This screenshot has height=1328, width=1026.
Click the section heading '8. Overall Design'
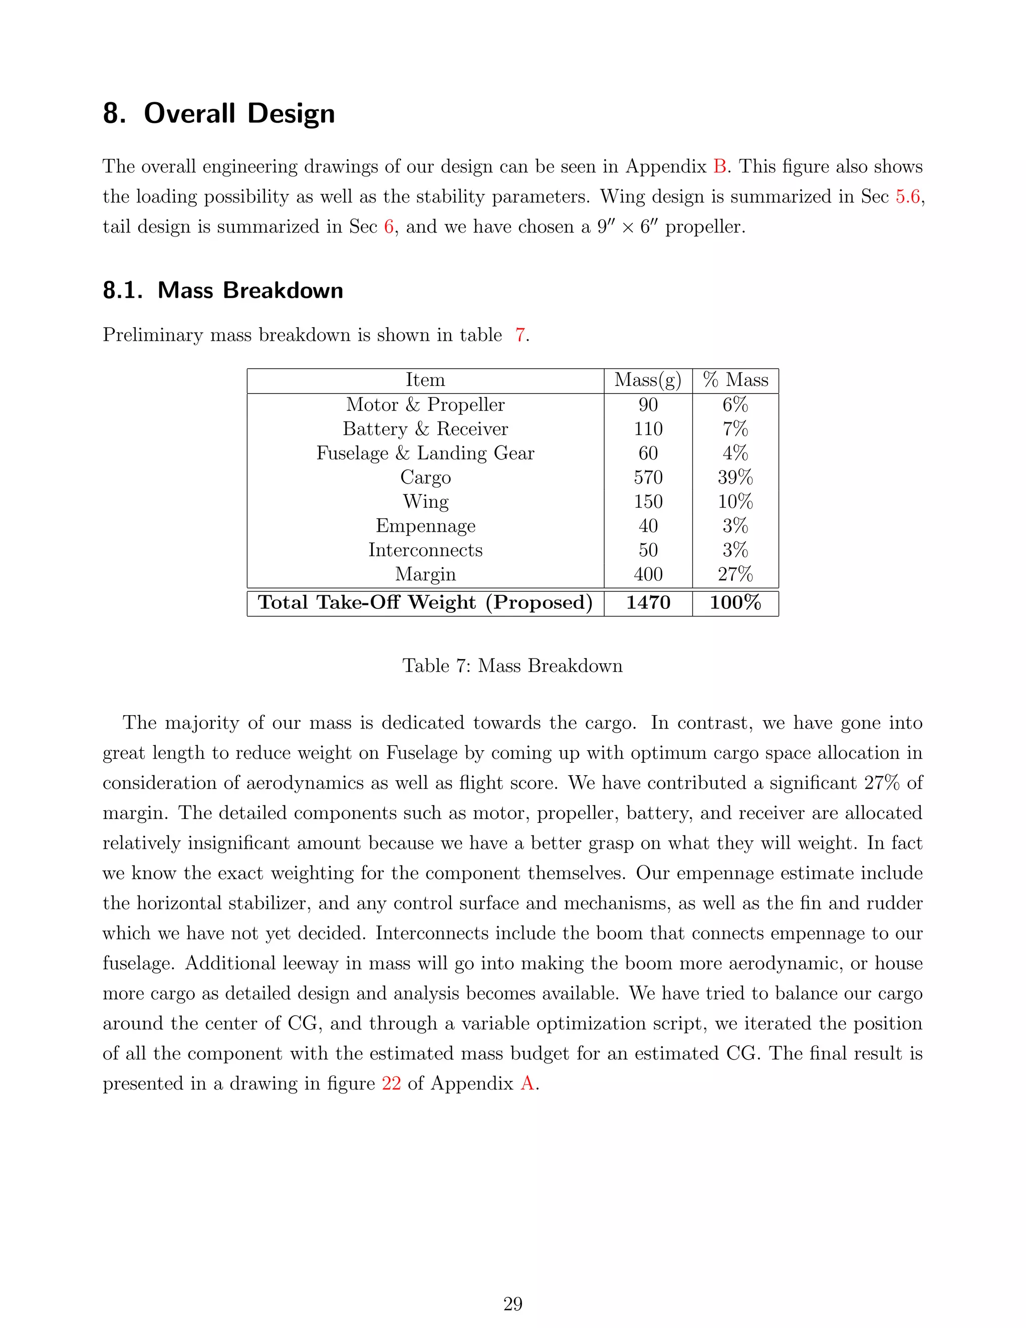219,114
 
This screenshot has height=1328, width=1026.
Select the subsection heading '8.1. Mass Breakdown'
222,291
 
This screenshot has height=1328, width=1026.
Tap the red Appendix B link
720,166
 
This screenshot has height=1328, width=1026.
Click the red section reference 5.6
907,197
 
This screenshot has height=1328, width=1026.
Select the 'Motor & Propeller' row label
425,405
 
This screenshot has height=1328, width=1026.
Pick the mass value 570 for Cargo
648,477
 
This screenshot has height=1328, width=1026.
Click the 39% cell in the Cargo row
735,477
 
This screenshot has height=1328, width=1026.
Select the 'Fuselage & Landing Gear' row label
425,454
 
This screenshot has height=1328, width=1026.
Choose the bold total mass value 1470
648,602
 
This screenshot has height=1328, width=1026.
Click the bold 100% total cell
735,602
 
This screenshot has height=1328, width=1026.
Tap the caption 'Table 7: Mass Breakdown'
512,666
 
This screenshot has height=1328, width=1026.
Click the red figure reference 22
391,1083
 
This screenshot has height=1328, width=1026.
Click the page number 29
512,1303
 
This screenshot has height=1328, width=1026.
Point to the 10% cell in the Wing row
735,502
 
